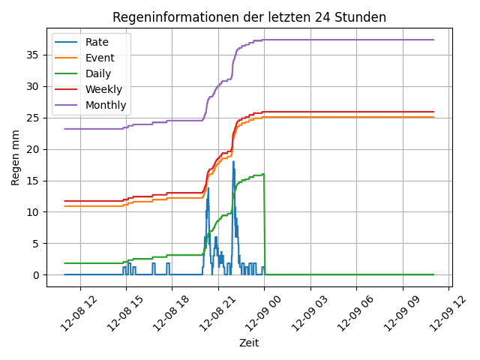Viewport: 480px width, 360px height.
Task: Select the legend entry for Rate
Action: (x=97, y=42)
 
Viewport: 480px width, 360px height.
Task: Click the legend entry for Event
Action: (x=98, y=58)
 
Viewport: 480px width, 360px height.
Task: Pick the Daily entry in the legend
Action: (x=98, y=73)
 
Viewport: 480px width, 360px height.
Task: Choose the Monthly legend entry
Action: (x=106, y=105)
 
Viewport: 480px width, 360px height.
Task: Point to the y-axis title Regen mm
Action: (x=15, y=157)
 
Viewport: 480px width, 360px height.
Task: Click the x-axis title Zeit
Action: (x=249, y=343)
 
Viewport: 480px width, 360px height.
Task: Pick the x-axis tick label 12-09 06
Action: (x=344, y=309)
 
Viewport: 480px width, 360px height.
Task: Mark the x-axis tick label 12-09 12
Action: (x=436, y=309)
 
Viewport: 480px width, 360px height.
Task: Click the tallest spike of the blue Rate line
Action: (x=233, y=162)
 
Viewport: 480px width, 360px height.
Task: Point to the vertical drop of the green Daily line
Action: (x=264, y=225)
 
